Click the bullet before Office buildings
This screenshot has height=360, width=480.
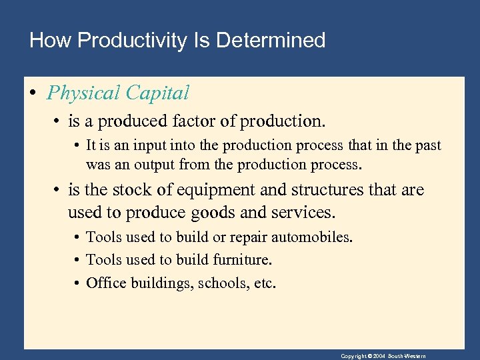point(78,283)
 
